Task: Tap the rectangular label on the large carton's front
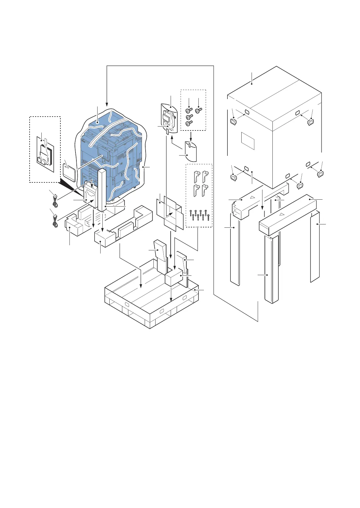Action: pos(248,141)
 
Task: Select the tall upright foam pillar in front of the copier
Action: pos(102,189)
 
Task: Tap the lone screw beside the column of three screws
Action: pos(199,111)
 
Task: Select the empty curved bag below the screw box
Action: pos(191,151)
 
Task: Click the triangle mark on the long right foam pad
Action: pos(281,214)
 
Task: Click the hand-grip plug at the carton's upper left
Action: pos(233,122)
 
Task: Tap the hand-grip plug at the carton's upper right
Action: pos(310,122)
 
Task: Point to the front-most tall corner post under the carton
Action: pos(271,269)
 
